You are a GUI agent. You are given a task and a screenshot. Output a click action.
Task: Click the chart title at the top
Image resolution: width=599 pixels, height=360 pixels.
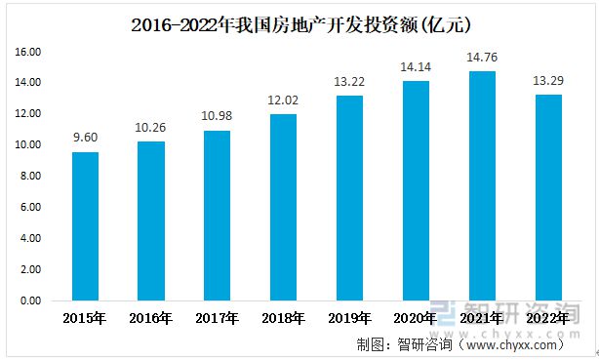click(x=299, y=21)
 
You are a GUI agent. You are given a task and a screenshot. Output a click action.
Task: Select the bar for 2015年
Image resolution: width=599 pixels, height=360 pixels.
click(x=85, y=225)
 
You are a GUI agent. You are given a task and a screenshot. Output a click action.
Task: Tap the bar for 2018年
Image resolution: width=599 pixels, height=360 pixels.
click(x=283, y=207)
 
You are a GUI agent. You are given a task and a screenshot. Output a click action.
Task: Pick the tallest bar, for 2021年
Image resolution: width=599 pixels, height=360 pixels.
click(x=482, y=185)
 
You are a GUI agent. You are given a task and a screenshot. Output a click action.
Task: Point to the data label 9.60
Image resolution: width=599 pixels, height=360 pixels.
click(x=85, y=139)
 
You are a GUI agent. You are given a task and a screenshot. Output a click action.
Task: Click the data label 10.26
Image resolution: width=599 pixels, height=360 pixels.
click(x=151, y=128)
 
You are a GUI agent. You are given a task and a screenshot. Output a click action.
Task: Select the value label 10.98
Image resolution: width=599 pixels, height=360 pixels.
click(x=218, y=117)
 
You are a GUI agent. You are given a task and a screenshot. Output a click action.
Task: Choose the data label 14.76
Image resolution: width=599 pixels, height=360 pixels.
click(x=482, y=58)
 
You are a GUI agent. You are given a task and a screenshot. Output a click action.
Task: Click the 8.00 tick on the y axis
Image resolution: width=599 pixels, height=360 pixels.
click(x=29, y=177)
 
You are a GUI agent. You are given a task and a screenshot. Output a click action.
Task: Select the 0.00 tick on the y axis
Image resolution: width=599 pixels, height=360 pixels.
click(x=29, y=301)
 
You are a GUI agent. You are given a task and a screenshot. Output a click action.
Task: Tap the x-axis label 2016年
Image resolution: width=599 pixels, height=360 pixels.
click(x=151, y=318)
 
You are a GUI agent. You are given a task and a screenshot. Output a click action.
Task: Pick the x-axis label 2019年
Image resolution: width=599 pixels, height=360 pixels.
click(x=349, y=318)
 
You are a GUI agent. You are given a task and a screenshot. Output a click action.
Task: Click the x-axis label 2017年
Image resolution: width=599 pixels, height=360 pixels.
click(x=218, y=318)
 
